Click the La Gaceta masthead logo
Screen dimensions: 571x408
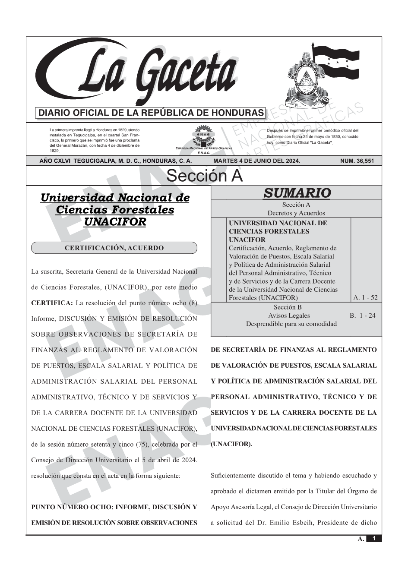pyautogui.click(x=138, y=73)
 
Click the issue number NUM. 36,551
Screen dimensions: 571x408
pyautogui.click(x=357, y=161)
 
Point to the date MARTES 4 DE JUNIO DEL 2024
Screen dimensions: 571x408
pyautogui.click(x=256, y=161)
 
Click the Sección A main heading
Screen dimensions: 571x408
pyautogui.click(x=204, y=176)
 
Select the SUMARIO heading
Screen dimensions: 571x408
pyautogui.click(x=297, y=193)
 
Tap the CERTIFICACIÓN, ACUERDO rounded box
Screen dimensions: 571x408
pyautogui.click(x=114, y=248)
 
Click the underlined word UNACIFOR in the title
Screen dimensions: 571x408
pyautogui.click(x=114, y=222)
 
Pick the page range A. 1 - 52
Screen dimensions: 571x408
pyautogui.click(x=365, y=297)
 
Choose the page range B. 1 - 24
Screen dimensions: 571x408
pyautogui.click(x=363, y=315)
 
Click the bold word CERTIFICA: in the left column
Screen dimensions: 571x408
pyautogui.click(x=52, y=303)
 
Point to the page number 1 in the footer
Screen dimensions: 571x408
pyautogui.click(x=374, y=539)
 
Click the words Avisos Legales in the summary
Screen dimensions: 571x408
pyautogui.click(x=289, y=315)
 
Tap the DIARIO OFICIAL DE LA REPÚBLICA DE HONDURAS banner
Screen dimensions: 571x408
pyautogui.click(x=151, y=113)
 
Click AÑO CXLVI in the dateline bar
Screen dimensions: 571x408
pyautogui.click(x=55, y=161)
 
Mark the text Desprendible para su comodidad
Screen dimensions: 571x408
pyautogui.click(x=291, y=324)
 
